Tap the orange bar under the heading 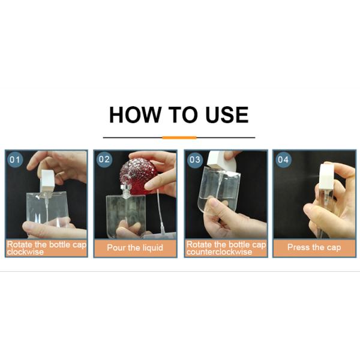(x=179, y=137)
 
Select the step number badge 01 (x=15, y=160)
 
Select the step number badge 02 (x=104, y=160)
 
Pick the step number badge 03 (x=194, y=160)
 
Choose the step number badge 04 (x=283, y=160)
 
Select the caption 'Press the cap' (x=314, y=247)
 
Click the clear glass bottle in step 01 (x=48, y=210)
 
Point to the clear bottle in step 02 (x=125, y=213)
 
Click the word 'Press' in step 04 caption (x=299, y=247)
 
